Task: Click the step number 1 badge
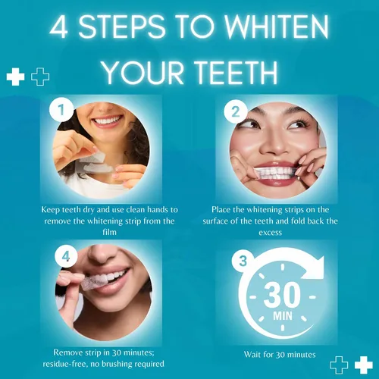click(x=61, y=110)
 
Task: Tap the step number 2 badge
click(x=236, y=111)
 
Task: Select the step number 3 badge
click(x=243, y=261)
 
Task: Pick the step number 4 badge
click(x=66, y=256)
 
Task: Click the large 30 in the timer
click(x=282, y=295)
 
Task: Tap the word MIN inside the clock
click(x=283, y=316)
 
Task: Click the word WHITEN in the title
click(x=277, y=27)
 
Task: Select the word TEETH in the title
click(x=236, y=73)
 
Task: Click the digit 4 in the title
click(x=59, y=27)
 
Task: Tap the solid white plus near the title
click(x=15, y=77)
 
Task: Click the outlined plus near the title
click(x=40, y=77)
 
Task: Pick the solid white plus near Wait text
click(x=364, y=365)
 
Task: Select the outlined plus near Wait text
click(x=339, y=365)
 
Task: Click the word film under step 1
click(x=109, y=232)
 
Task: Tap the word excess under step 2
click(x=270, y=233)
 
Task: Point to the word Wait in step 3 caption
click(x=252, y=355)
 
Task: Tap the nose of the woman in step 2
click(x=275, y=144)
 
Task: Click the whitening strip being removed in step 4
click(x=94, y=283)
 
